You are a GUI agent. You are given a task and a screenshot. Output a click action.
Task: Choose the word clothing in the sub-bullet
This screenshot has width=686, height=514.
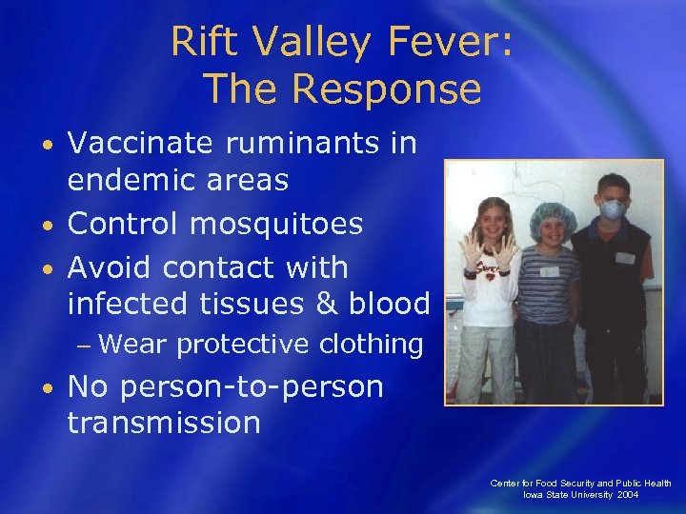pyautogui.click(x=368, y=345)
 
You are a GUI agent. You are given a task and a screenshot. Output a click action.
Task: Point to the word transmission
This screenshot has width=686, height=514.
pyautogui.click(x=163, y=423)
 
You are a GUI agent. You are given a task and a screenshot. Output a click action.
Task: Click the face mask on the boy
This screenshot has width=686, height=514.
pyautogui.click(x=614, y=209)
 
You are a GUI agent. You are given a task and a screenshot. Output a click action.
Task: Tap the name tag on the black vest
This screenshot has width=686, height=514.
pyautogui.click(x=624, y=258)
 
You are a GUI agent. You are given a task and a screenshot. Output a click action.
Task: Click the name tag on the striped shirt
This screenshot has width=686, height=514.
pyautogui.click(x=549, y=271)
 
